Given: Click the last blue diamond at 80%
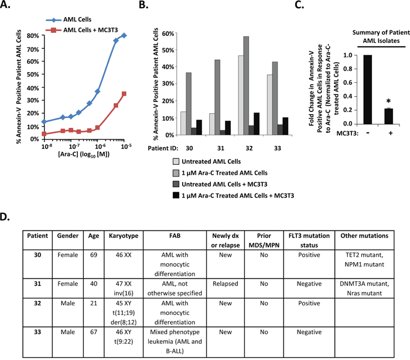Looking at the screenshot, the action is pyautogui.click(x=124, y=35).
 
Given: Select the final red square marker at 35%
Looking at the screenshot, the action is pyautogui.click(x=124, y=94).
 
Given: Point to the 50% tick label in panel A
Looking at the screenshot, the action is pyautogui.click(x=33, y=74).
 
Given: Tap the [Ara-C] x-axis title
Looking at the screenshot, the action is pyautogui.click(x=84, y=154).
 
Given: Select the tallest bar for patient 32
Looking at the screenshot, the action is pyautogui.click(x=246, y=86).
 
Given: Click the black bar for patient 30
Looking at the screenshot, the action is pyautogui.click(x=199, y=127).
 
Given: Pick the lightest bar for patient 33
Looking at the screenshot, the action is pyautogui.click(x=269, y=105).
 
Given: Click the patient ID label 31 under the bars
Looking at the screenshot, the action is pyautogui.click(x=220, y=148).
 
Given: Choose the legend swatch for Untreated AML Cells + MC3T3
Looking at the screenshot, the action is pyautogui.click(x=176, y=184).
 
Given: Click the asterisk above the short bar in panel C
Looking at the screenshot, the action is pyautogui.click(x=388, y=101).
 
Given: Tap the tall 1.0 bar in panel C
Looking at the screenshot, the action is pyautogui.click(x=368, y=90).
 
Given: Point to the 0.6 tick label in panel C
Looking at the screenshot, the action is pyautogui.click(x=348, y=83).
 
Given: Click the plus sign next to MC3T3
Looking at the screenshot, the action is pyautogui.click(x=391, y=133).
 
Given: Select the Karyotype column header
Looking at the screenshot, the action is pyautogui.click(x=124, y=236).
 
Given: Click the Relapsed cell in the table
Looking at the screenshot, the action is pyautogui.click(x=225, y=284).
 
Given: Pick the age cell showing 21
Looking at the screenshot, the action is pyautogui.click(x=94, y=303).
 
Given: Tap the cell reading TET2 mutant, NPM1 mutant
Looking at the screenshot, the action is pyautogui.click(x=364, y=260).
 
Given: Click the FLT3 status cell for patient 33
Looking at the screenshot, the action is pyautogui.click(x=309, y=332).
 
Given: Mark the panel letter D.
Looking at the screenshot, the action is pyautogui.click(x=5, y=217).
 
